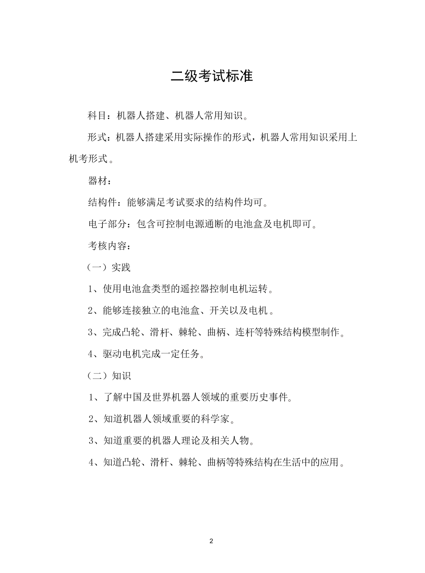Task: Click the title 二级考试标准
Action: click(x=212, y=76)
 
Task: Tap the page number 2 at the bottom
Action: click(x=211, y=541)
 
